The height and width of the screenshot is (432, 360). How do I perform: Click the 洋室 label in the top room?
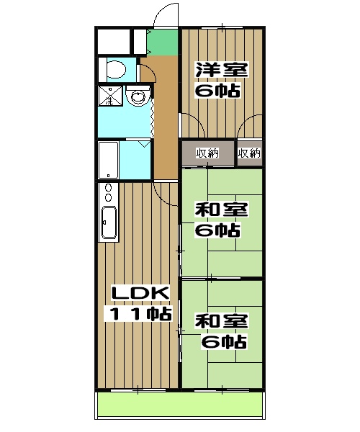pyautogui.click(x=221, y=71)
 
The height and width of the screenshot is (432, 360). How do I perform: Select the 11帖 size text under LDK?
pyautogui.click(x=140, y=314)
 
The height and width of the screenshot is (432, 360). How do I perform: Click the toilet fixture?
pyautogui.click(x=116, y=71)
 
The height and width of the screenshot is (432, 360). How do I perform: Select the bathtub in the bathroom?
pyautogui.click(x=108, y=160)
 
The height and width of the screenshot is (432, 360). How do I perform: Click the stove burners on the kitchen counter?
pyautogui.click(x=109, y=193)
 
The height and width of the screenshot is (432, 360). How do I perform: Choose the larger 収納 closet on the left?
pyautogui.click(x=207, y=153)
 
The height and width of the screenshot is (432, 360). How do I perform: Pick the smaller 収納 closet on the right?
pyautogui.click(x=249, y=153)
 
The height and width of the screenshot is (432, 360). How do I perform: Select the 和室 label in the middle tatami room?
pyautogui.click(x=221, y=210)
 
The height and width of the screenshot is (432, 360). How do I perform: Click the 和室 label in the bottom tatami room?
pyautogui.click(x=221, y=321)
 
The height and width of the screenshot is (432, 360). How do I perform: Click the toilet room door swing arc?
pyautogui.click(x=145, y=72)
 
